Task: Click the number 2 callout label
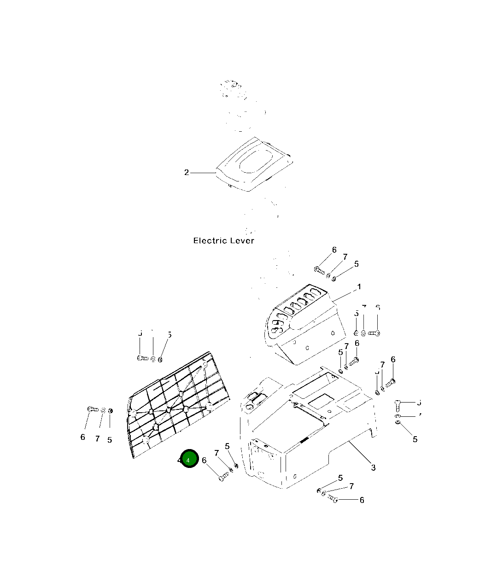click(x=187, y=173)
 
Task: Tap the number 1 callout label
click(x=359, y=287)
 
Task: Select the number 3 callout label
click(x=373, y=467)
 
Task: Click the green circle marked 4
click(x=189, y=459)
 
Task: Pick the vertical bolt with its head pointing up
click(x=398, y=405)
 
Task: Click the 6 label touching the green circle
click(x=204, y=460)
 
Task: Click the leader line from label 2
click(x=203, y=173)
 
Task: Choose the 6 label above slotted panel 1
click(x=334, y=251)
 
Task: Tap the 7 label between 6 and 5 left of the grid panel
click(x=97, y=439)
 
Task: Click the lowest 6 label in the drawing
click(x=362, y=500)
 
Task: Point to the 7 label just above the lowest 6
click(x=351, y=486)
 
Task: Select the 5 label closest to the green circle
click(x=227, y=446)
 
